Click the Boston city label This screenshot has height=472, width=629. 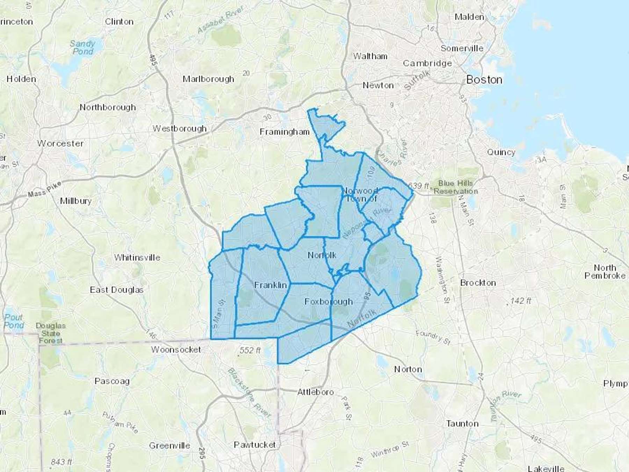484,80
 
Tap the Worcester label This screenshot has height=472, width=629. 60,143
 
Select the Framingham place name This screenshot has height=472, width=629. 284,132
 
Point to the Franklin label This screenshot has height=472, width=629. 270,285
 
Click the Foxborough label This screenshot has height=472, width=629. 328,301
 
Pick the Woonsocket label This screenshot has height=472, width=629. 176,349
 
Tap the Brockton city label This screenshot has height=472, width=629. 478,283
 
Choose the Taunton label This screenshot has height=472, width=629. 462,424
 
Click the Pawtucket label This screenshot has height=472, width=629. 254,445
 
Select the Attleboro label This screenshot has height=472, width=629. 315,392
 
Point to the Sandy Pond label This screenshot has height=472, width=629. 82,48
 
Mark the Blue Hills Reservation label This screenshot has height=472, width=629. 455,187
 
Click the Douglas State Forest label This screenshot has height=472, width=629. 51,333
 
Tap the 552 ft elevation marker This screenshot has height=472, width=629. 250,350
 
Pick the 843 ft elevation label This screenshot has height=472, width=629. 61,462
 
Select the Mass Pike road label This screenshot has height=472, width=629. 44,189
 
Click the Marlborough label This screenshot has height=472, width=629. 208,79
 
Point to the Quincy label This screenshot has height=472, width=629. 501,152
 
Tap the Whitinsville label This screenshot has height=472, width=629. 137,258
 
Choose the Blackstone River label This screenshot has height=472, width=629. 249,393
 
